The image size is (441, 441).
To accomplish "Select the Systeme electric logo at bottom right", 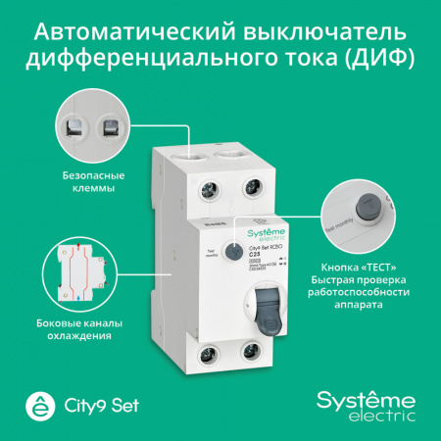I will click(x=362, y=404).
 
